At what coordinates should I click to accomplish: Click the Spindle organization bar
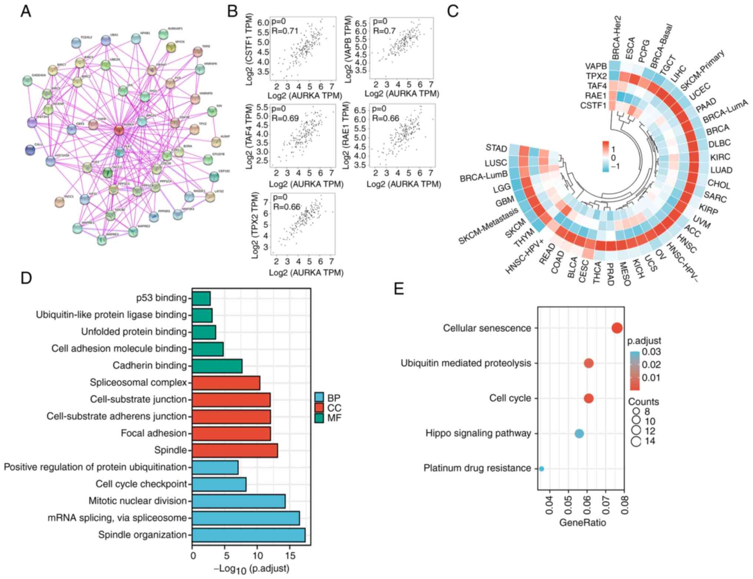(x=248, y=535)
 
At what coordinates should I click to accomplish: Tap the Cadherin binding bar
(x=217, y=366)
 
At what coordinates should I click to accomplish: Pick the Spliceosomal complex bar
(x=226, y=383)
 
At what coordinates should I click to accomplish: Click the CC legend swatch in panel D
(x=319, y=408)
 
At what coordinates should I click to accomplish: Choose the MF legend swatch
(x=319, y=418)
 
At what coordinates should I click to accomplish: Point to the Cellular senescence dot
(x=617, y=328)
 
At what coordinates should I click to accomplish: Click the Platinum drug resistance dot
(x=541, y=469)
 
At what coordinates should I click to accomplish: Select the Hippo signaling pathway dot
(x=579, y=434)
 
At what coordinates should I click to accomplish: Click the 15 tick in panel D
(x=291, y=556)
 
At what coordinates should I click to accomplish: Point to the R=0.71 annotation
(x=285, y=31)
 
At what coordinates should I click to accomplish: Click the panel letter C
(x=453, y=11)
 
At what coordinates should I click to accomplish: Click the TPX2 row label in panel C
(x=596, y=76)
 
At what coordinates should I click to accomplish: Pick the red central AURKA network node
(x=119, y=130)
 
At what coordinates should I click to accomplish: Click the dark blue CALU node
(x=30, y=150)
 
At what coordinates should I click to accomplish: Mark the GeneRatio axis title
(x=582, y=523)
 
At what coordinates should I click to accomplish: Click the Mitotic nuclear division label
(x=137, y=501)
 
